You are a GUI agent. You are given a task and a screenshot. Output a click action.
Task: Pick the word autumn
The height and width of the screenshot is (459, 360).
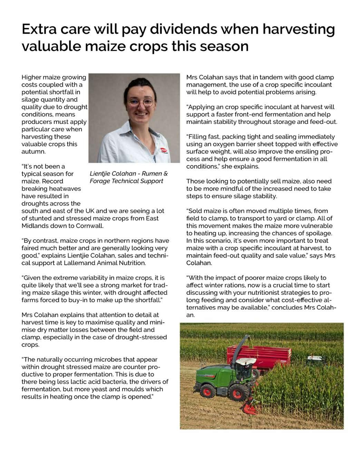click(x=33, y=151)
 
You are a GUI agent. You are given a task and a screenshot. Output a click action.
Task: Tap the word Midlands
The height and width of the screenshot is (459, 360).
click(x=35, y=226)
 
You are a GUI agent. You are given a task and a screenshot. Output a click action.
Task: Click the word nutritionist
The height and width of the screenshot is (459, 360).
click(x=252, y=292)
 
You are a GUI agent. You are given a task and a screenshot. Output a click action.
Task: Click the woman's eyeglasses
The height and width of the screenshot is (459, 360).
click(x=141, y=102)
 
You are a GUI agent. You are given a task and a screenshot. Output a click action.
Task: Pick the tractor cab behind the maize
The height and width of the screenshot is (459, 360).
click(x=316, y=360)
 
